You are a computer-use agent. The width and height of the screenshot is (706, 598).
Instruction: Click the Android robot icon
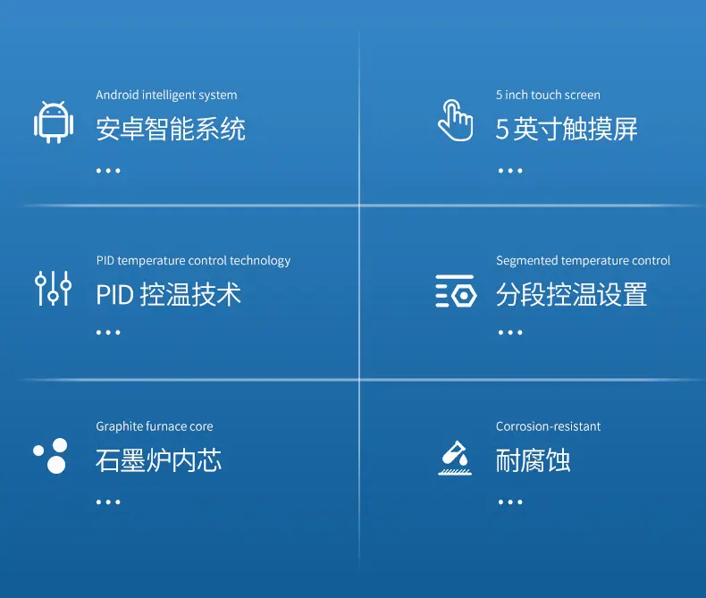point(54,122)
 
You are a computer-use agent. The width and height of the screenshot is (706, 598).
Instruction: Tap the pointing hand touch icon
point(455,121)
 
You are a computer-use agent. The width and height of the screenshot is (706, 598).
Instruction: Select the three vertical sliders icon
point(53,289)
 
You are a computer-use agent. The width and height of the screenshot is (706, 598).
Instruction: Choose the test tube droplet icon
point(455,458)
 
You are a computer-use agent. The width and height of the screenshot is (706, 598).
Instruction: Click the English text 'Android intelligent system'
point(166,95)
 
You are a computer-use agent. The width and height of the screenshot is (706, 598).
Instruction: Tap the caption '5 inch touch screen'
point(548,95)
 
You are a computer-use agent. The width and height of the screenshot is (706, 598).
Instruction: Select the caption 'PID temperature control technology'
point(193,261)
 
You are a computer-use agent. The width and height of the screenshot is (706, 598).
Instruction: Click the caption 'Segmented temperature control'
point(583,261)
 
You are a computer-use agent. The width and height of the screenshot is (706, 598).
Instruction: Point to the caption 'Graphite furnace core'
point(155,426)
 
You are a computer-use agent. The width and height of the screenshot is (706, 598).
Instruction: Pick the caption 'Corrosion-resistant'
point(548,426)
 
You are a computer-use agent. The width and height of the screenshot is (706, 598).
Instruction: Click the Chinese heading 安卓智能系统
point(171,129)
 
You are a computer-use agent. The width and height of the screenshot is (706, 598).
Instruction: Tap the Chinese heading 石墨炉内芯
point(158,460)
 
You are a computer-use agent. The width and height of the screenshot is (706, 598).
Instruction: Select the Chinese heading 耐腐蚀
point(534,460)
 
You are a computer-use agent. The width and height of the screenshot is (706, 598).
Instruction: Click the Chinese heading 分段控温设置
point(571,294)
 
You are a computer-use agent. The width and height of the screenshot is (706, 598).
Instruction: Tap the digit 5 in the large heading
point(502,130)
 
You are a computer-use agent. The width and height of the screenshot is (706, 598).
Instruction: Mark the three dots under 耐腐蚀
point(510,502)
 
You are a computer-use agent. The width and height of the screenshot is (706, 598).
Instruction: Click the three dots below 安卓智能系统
point(108,171)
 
